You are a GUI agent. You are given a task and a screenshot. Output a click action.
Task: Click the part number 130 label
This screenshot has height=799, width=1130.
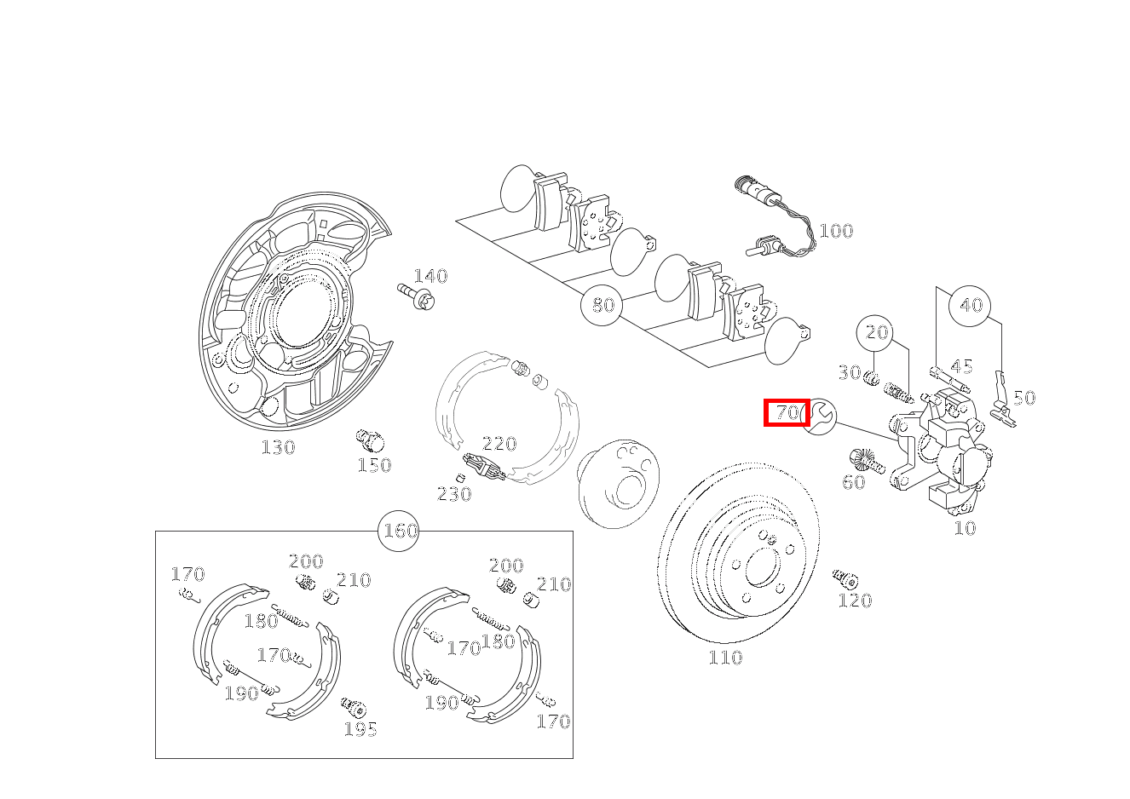click(278, 447)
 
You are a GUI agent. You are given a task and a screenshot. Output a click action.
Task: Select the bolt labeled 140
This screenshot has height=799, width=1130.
click(417, 296)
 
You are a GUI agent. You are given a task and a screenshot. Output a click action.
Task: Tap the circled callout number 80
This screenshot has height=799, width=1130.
click(602, 305)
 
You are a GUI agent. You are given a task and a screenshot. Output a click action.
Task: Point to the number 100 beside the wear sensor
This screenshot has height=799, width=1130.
click(835, 231)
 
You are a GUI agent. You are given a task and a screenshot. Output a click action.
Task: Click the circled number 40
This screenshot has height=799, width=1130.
click(971, 305)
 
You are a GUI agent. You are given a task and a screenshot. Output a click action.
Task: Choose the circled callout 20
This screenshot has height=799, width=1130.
click(877, 332)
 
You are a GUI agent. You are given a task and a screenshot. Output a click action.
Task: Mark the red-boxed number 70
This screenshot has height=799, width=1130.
click(787, 413)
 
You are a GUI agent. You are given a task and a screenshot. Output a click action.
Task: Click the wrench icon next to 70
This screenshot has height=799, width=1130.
click(820, 415)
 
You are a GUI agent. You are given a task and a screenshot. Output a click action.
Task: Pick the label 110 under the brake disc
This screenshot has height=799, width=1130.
click(725, 658)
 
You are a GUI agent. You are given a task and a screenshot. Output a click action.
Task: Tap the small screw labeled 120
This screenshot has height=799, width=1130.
click(845, 579)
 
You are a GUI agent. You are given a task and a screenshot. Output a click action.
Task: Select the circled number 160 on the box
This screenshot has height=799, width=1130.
click(400, 531)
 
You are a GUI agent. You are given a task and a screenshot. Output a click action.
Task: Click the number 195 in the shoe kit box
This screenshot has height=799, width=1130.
click(360, 729)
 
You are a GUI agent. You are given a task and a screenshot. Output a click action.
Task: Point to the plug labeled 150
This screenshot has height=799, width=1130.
click(369, 440)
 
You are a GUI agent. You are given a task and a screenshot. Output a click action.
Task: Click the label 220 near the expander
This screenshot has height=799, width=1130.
click(499, 444)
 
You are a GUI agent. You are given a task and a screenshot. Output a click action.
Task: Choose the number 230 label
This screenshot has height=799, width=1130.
click(454, 494)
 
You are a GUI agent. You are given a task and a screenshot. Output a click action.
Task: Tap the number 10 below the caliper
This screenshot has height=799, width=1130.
click(964, 528)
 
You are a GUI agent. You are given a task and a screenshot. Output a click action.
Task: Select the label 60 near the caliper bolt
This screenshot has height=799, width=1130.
click(853, 483)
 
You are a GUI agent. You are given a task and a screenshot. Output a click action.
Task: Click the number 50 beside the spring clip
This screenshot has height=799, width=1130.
click(1024, 398)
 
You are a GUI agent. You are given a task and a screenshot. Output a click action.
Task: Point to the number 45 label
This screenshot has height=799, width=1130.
click(961, 366)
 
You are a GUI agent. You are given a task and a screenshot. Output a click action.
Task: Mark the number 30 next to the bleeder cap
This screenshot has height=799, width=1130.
click(849, 372)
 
